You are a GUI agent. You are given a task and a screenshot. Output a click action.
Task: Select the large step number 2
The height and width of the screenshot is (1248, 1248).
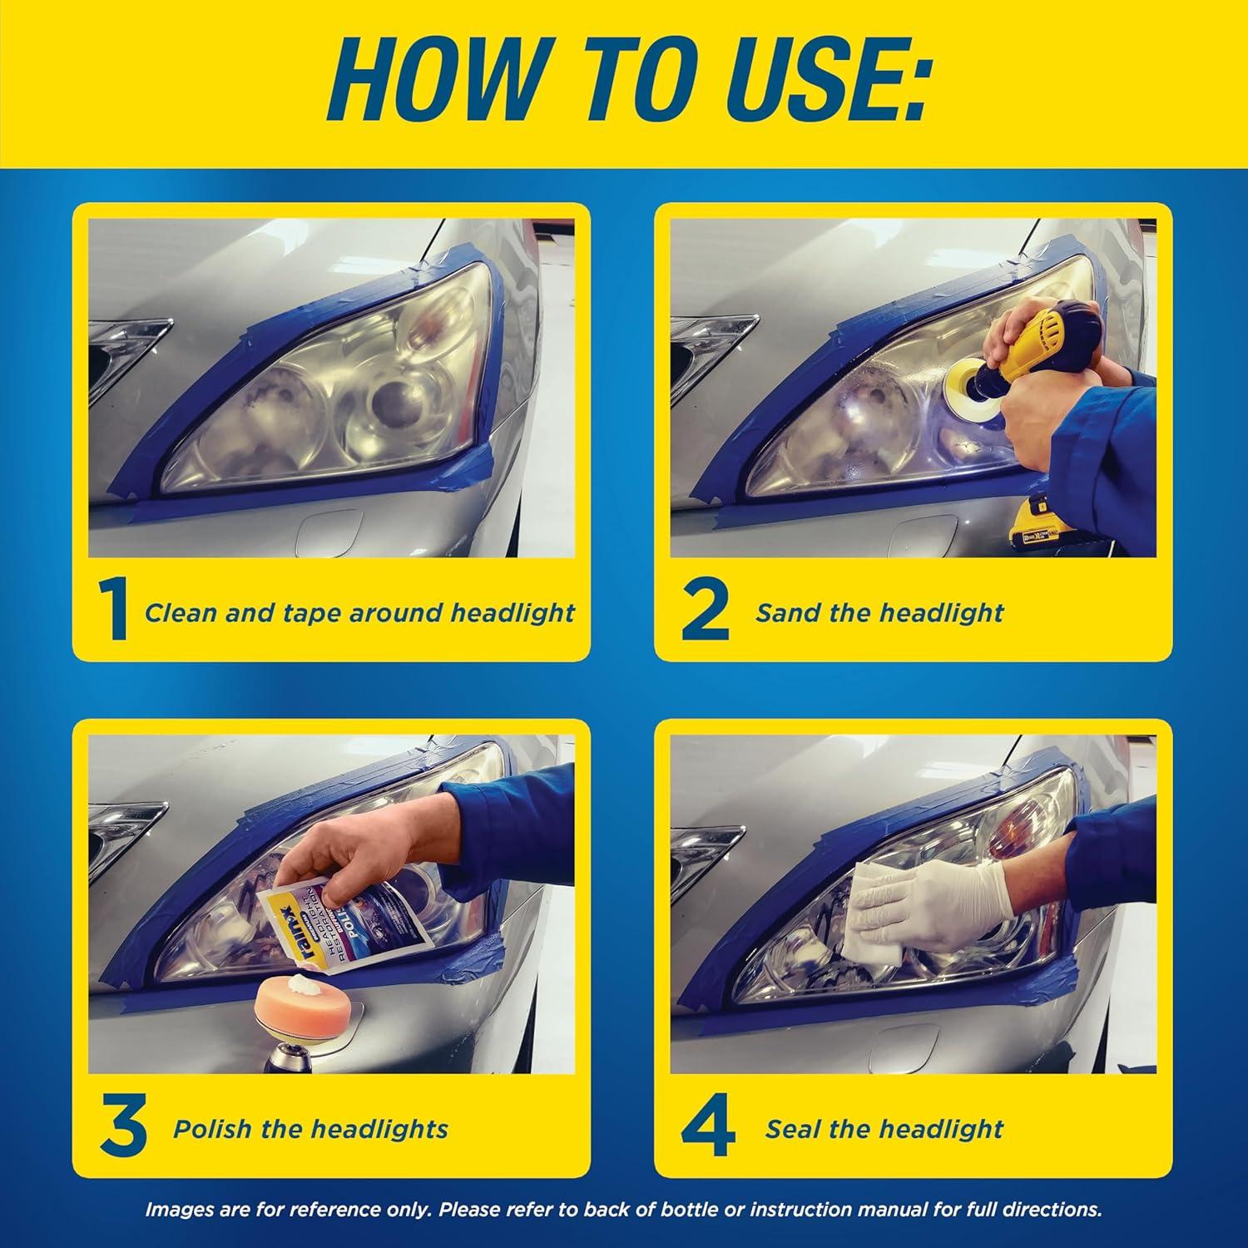point(704,613)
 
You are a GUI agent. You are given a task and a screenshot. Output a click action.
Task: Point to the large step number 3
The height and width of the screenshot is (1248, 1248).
point(122,1129)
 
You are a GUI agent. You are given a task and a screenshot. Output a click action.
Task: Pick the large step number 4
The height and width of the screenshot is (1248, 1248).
point(707,1129)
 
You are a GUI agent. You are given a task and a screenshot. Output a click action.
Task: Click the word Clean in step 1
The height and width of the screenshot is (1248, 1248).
point(179,613)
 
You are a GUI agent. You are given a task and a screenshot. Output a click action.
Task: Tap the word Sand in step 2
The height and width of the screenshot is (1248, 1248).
point(782,613)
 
